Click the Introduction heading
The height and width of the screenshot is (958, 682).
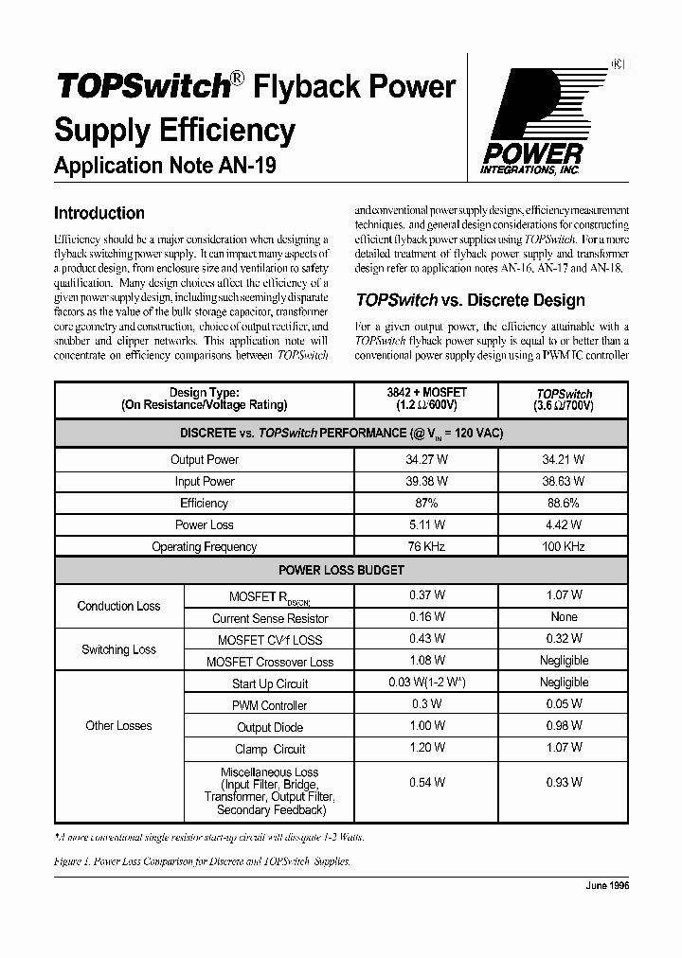click(x=99, y=213)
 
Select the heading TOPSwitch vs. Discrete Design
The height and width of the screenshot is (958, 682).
click(x=470, y=300)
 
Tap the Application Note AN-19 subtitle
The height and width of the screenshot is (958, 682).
click(x=166, y=165)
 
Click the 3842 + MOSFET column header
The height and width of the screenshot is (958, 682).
click(x=426, y=399)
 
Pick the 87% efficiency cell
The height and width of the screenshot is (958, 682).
click(x=426, y=503)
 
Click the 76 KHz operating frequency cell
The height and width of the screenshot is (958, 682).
click(x=426, y=546)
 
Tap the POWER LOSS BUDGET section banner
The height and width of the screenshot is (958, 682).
click(x=341, y=570)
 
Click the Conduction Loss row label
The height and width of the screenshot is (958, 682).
click(x=118, y=606)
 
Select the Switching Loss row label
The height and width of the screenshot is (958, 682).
click(x=118, y=649)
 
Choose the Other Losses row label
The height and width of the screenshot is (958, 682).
click(x=118, y=726)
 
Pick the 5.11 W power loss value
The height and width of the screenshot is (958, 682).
click(x=426, y=524)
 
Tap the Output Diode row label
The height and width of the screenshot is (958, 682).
click(x=270, y=727)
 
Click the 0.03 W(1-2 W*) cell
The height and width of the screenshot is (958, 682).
click(x=426, y=683)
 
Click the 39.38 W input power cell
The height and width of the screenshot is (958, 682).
click(x=426, y=481)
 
